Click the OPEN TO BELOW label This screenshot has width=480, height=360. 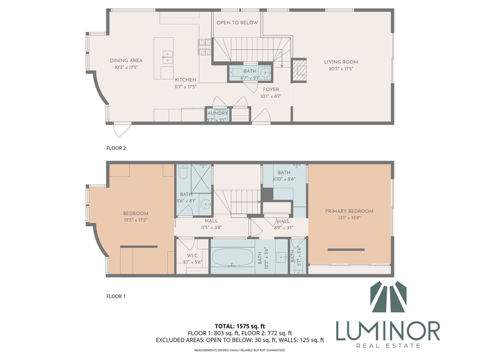point(237,23)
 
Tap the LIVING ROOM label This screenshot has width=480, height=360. point(341,62)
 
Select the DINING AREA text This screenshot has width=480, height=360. point(126,61)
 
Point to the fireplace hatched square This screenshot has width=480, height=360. point(300,70)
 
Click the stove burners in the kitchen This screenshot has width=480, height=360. point(205,47)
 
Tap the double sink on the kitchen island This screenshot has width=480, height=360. point(167,57)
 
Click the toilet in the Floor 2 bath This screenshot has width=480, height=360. point(236,72)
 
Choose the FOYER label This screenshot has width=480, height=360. point(271,89)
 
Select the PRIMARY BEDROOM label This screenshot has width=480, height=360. point(349,211)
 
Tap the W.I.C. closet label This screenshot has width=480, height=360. point(193,256)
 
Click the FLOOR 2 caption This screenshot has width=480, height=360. point(116,148)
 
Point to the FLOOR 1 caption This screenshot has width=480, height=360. point(116,296)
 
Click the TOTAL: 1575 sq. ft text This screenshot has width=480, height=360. point(240,326)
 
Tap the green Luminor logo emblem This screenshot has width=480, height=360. point(388,297)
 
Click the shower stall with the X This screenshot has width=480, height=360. point(201,179)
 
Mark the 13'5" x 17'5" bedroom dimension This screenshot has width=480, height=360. point(136,220)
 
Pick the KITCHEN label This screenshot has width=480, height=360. point(185,80)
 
